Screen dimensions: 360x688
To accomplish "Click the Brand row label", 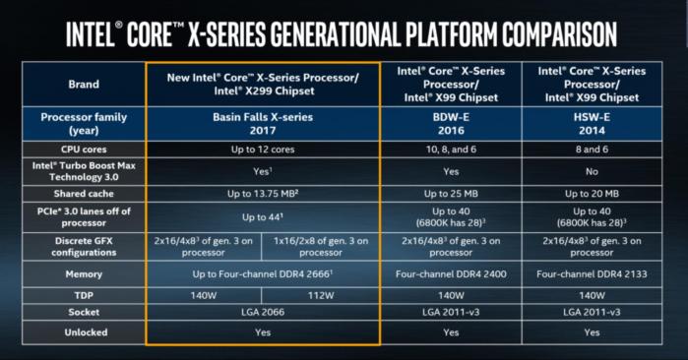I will coord(84,85).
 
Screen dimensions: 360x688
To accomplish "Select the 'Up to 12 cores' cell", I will coord(263,148).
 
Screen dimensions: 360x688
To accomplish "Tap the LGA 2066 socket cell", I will coord(263,313).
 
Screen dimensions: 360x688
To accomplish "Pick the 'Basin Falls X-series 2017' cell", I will coord(263,123).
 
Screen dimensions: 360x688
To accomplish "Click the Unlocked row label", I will coord(84,332).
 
